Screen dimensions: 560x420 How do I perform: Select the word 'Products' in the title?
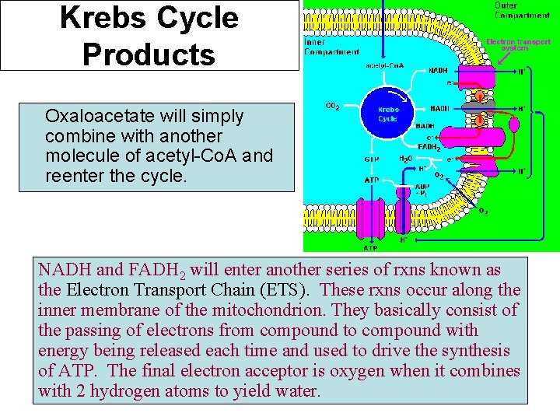149,54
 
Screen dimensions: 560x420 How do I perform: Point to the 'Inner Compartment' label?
331,47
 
